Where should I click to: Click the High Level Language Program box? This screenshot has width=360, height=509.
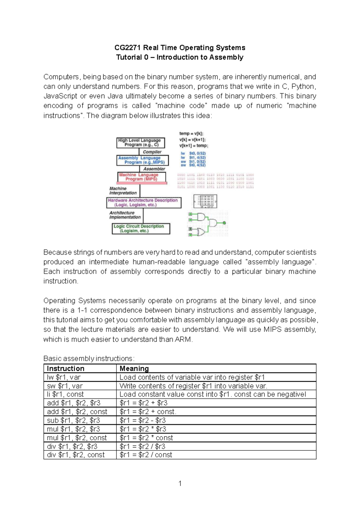click(140, 143)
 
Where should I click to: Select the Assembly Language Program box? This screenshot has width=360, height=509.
click(142, 160)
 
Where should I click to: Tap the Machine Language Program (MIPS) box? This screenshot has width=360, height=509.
click(141, 177)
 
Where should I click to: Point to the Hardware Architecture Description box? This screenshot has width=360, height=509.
click(143, 203)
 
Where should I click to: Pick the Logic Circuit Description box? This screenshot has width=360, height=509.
click(141, 229)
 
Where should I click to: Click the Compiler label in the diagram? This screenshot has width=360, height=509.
click(152, 152)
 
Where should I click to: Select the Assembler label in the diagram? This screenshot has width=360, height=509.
click(154, 169)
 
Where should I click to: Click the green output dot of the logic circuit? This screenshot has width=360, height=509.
click(224, 223)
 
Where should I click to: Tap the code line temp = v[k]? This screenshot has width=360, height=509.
click(191, 134)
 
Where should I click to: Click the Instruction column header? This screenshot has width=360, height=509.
click(65, 369)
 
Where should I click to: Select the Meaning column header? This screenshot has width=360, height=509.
click(134, 369)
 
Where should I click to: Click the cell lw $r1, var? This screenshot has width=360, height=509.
click(64, 377)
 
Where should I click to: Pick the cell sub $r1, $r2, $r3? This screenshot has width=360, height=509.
click(73, 420)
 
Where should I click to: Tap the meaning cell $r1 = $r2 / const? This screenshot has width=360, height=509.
click(146, 455)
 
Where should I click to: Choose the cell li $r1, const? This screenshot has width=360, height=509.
click(65, 394)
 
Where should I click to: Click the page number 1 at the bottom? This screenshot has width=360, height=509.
click(180, 483)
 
